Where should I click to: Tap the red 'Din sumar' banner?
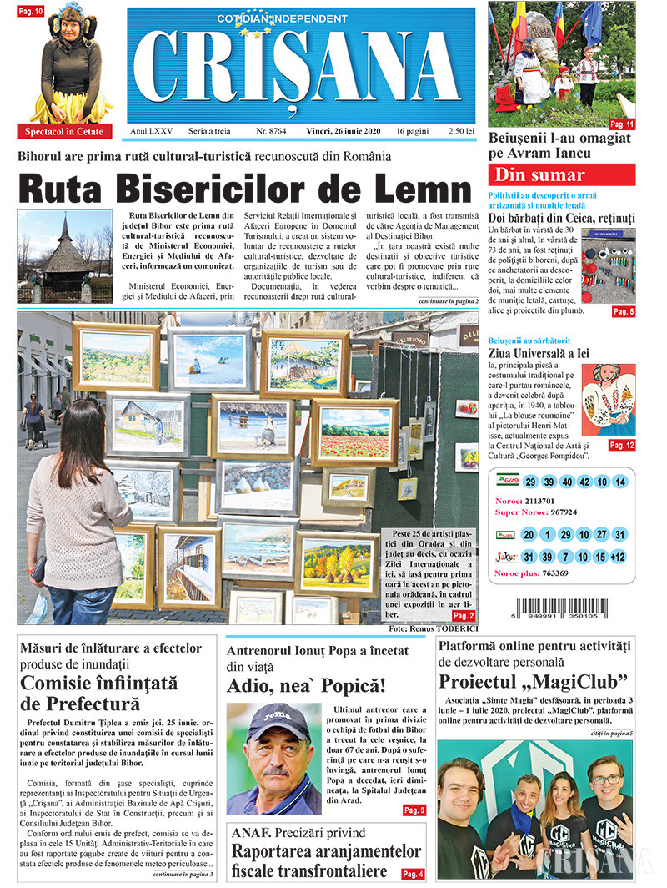561,174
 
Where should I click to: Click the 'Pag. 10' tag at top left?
30,11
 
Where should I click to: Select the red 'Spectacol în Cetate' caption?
64,131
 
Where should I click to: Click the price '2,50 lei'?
460,132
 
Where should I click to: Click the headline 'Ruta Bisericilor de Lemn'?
244,189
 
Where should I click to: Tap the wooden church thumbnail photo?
64,256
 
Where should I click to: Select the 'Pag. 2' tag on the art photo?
464,615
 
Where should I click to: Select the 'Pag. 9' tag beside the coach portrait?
414,810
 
